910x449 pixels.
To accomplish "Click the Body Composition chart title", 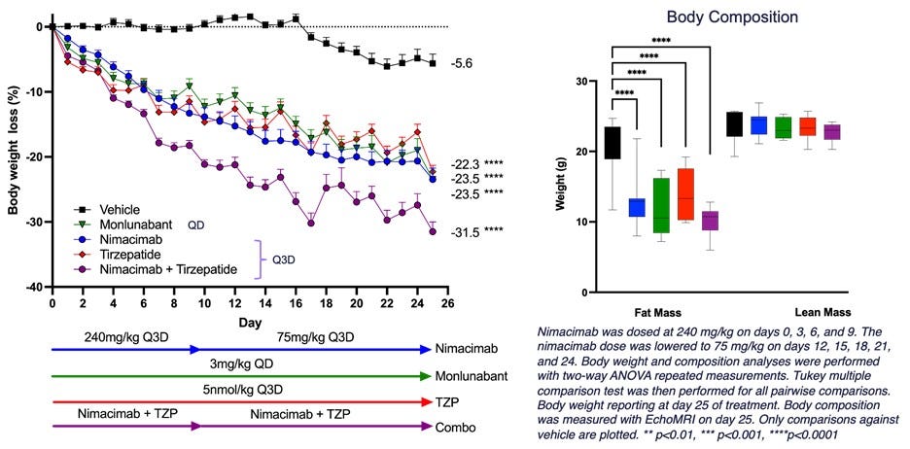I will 734,17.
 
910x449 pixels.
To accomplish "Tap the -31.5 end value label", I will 464,231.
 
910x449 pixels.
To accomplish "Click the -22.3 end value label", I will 464,163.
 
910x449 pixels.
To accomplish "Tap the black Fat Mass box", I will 612,142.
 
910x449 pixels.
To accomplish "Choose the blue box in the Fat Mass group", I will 637,207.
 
